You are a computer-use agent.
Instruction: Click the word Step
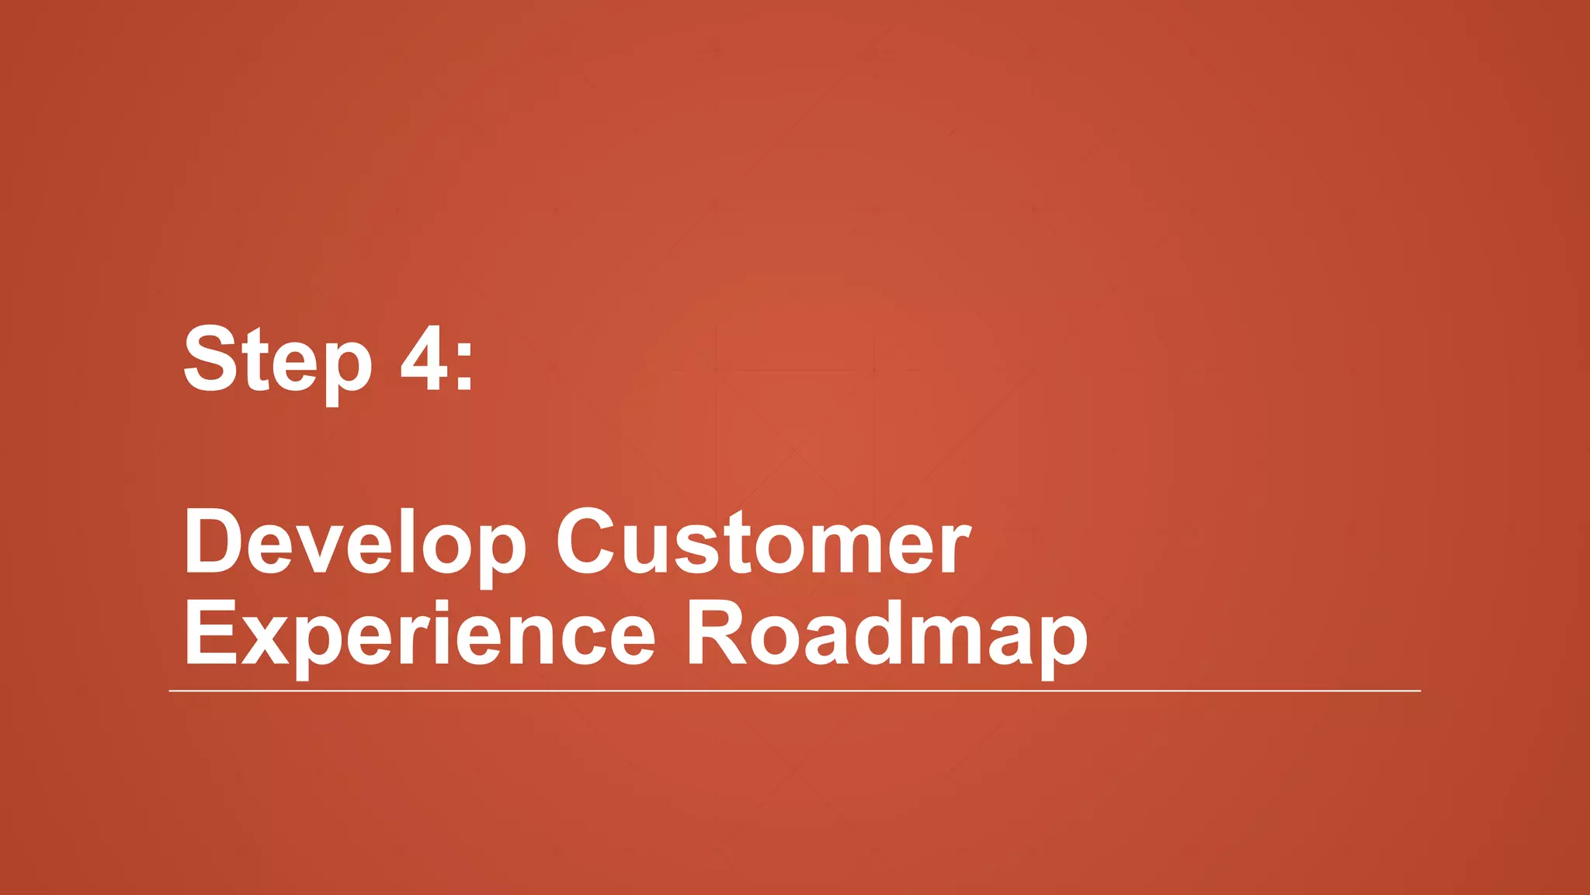[x=277, y=360]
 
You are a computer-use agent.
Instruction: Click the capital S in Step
[x=210, y=358]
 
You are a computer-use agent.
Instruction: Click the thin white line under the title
[x=795, y=690]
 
